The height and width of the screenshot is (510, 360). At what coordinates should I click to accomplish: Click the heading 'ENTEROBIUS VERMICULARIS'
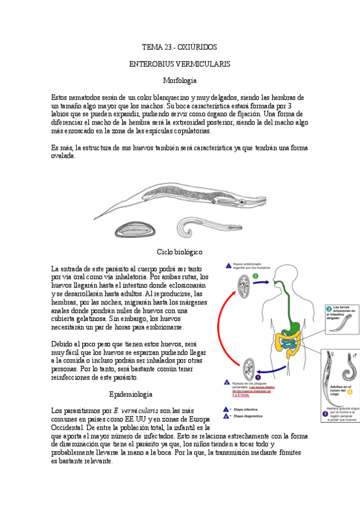click(180, 63)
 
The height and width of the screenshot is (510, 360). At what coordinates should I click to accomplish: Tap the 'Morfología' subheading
click(180, 80)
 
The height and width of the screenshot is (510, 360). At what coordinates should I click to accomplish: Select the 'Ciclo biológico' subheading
click(180, 251)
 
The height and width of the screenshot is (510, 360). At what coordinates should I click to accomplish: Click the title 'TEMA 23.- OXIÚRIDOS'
click(180, 46)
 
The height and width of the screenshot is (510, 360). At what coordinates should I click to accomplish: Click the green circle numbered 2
click(256, 277)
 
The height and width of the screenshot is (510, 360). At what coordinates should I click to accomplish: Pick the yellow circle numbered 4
click(349, 392)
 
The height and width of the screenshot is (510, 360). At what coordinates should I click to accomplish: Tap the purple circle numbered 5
click(325, 414)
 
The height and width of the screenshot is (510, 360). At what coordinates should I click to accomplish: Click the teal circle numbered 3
click(329, 309)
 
